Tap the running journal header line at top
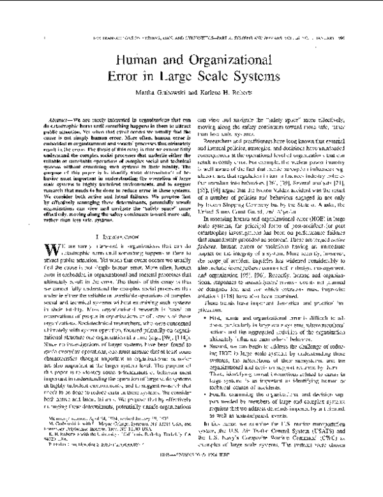click(x=191, y=36)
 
